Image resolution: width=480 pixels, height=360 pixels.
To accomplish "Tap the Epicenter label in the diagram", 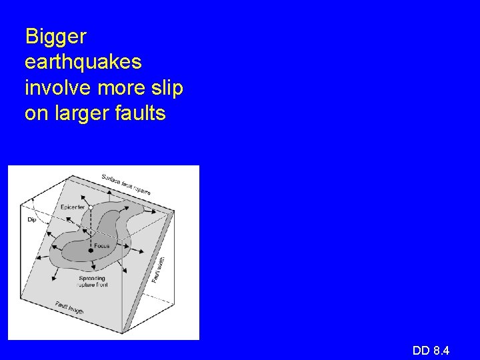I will [71, 207].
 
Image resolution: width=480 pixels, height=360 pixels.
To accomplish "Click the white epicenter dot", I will [91, 208].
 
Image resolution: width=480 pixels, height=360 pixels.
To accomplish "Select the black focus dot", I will [90, 250].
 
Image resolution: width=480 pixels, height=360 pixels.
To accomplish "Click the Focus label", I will [102, 246].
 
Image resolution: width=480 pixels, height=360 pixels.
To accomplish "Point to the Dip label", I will [31, 218].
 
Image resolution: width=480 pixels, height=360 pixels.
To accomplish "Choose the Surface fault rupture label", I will [126, 184].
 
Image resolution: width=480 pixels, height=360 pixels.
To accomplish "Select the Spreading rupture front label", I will [93, 281].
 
